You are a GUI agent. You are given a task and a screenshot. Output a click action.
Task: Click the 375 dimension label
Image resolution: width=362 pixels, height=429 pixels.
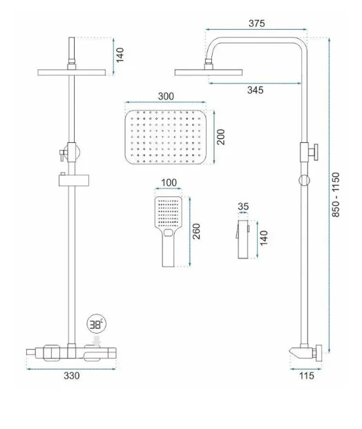pos(257,23)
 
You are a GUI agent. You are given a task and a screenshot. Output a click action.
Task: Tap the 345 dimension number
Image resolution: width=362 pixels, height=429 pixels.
pos(256,90)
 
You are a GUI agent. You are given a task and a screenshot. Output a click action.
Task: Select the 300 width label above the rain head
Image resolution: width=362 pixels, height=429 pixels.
pos(166,96)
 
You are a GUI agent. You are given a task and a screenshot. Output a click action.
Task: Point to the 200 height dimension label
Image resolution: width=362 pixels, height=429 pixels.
pos(220,137)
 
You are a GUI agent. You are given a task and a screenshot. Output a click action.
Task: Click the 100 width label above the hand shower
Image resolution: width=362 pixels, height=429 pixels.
pos(169,182)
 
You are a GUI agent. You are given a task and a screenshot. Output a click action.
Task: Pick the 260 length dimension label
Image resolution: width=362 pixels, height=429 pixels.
pos(196,231)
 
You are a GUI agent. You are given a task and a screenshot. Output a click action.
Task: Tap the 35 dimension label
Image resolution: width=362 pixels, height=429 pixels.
pos(243,207)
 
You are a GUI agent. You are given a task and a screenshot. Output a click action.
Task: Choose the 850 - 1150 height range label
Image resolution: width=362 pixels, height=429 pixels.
pos(336,195)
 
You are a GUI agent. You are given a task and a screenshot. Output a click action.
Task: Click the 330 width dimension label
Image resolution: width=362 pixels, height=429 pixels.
pos(72,376)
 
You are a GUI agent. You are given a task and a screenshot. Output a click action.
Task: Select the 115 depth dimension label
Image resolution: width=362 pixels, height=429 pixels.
pos(307,376)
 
